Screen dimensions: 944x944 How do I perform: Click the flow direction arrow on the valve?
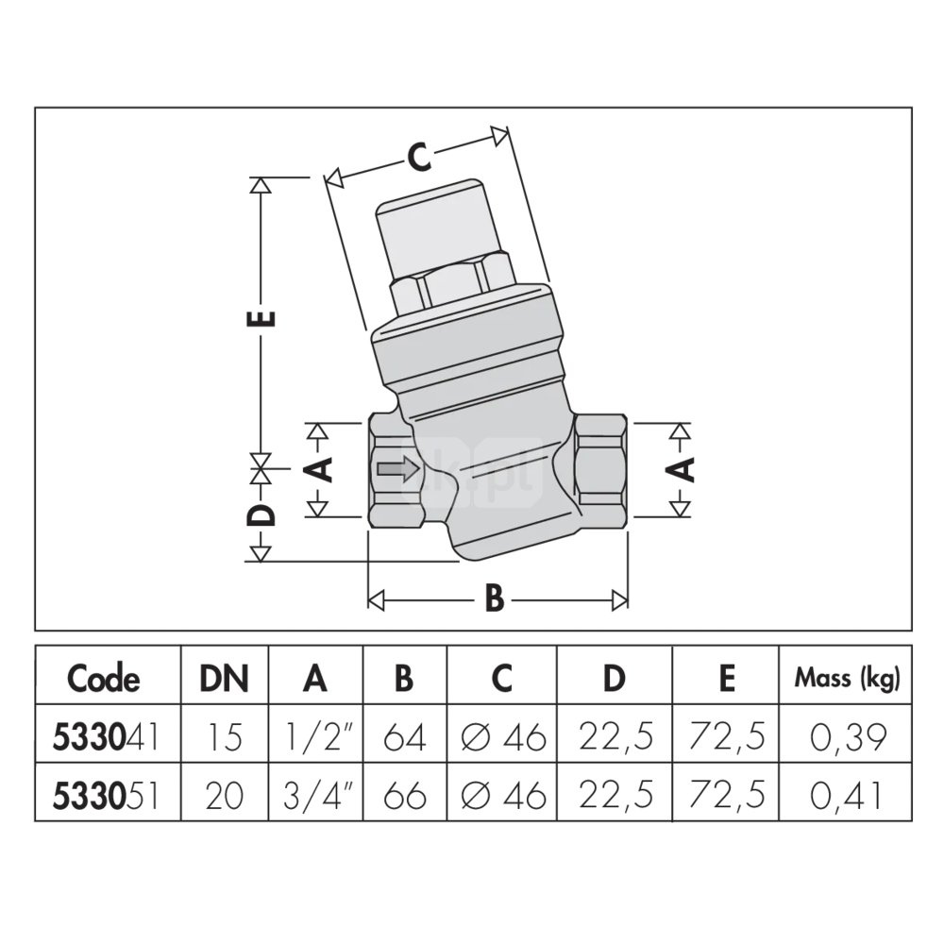tap(396, 469)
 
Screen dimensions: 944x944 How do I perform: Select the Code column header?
tap(104, 678)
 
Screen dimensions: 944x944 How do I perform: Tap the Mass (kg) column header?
tap(847, 677)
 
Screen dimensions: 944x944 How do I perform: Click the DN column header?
tap(224, 678)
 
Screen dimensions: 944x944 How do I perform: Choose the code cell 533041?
tap(106, 736)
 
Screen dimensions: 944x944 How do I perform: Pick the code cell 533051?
tap(106, 796)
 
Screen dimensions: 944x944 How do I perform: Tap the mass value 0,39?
tap(847, 736)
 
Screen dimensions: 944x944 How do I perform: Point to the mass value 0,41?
tap(847, 796)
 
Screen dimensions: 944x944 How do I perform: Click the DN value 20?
tap(224, 796)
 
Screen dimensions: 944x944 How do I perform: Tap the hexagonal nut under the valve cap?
tap(451, 282)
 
